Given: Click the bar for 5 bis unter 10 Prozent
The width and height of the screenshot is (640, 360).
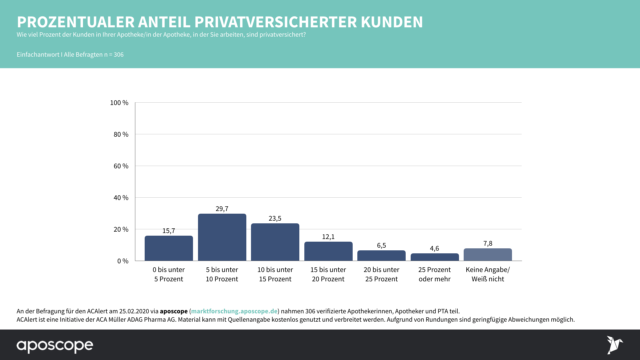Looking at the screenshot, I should point(222,237).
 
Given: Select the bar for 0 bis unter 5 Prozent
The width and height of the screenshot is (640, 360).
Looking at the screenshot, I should point(169,248).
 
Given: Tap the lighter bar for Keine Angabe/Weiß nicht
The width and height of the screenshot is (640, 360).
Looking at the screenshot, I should point(488,255).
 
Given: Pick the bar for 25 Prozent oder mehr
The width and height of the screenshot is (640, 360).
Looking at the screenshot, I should point(435,257).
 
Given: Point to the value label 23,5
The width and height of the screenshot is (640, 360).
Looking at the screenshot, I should point(275,218).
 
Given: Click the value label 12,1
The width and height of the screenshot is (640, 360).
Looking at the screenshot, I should point(328,237).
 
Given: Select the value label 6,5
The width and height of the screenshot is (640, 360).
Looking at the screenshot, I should point(381,245).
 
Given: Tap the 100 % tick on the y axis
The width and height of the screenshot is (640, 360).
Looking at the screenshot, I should point(119,103).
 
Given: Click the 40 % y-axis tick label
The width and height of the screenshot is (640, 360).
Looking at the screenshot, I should point(121,198).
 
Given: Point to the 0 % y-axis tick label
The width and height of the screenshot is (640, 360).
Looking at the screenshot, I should point(123,261).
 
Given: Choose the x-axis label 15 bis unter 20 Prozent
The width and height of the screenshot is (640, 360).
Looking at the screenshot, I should point(328,274).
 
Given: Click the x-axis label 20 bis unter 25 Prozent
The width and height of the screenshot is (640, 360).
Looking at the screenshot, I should point(381,274).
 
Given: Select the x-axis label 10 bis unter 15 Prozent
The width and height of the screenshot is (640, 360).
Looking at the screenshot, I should point(275,274).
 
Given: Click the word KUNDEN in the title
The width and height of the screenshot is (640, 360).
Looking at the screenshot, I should point(392,22).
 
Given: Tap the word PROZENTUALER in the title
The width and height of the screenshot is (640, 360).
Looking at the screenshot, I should point(75,22).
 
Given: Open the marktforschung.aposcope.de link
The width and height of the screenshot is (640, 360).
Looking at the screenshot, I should point(234,311).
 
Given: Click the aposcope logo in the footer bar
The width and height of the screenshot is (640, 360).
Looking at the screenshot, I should point(55,346).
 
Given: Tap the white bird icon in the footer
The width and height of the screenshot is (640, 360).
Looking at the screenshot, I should point(614,345).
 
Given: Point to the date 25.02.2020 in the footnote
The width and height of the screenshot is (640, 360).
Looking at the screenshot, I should point(134,311).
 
